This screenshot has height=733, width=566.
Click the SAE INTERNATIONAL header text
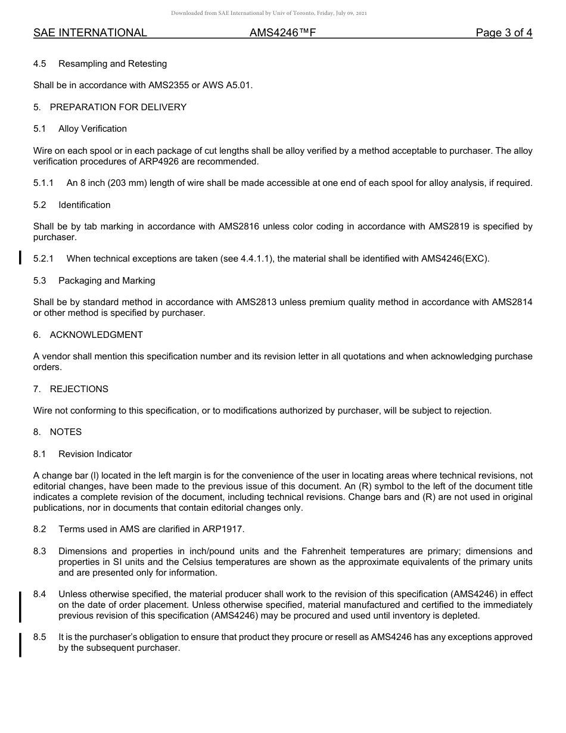click(x=90, y=33)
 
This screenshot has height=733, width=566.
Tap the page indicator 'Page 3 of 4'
click(x=503, y=33)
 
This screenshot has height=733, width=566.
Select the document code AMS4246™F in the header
click(x=282, y=33)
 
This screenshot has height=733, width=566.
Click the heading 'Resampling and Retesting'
click(x=113, y=64)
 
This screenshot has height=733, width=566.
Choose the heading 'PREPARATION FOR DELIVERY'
click(x=118, y=107)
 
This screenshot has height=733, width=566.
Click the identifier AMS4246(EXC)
click(x=455, y=259)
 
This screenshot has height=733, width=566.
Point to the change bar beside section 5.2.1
click(x=21, y=257)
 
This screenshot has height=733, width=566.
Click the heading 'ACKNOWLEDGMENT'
click(x=96, y=335)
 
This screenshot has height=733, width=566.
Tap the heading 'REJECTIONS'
click(x=79, y=389)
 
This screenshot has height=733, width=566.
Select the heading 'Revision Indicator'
click(x=95, y=454)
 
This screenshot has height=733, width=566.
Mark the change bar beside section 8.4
click(x=21, y=607)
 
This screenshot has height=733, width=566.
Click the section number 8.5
click(x=40, y=637)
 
